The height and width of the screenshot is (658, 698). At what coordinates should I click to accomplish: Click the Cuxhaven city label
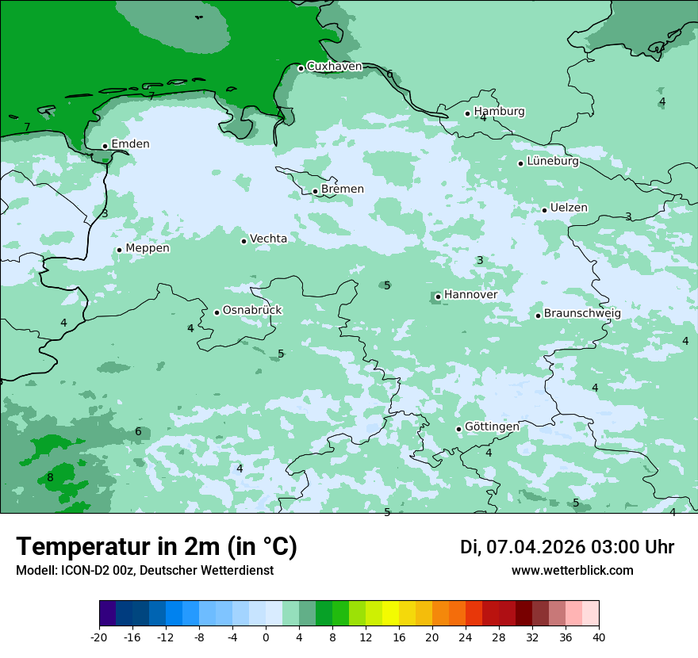[x=334, y=67]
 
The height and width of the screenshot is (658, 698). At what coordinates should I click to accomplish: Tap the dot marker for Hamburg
[x=467, y=113]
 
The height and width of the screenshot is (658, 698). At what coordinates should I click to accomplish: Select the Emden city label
[x=130, y=144]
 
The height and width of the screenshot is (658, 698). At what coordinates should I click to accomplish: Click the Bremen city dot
[x=315, y=191]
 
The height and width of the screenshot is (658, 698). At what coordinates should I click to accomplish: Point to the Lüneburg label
[x=553, y=162]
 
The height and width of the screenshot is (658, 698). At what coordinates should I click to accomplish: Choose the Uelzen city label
[x=569, y=208]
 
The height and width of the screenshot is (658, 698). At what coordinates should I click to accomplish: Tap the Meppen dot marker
[x=119, y=250]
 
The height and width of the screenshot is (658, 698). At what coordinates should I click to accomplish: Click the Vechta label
[x=268, y=239]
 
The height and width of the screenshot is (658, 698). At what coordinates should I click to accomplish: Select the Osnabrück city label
[x=252, y=311]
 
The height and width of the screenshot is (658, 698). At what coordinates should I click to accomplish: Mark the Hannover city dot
[x=438, y=296]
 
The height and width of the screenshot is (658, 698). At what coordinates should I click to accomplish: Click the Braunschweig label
[x=582, y=314]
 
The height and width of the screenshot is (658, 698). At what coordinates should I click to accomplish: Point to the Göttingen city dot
[x=458, y=429]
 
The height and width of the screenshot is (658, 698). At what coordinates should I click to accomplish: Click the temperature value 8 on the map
[x=50, y=477]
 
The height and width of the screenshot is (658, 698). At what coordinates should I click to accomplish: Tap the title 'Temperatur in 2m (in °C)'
[x=156, y=547]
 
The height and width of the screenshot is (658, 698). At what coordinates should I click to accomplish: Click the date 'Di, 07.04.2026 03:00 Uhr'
[x=566, y=547]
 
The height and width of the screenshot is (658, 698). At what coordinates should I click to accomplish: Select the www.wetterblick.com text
[x=572, y=571]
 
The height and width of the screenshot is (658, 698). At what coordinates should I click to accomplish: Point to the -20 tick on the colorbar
[x=99, y=637]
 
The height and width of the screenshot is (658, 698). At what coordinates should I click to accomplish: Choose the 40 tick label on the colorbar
[x=598, y=637]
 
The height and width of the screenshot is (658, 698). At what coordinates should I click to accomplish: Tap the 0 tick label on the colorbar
[x=266, y=637]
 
